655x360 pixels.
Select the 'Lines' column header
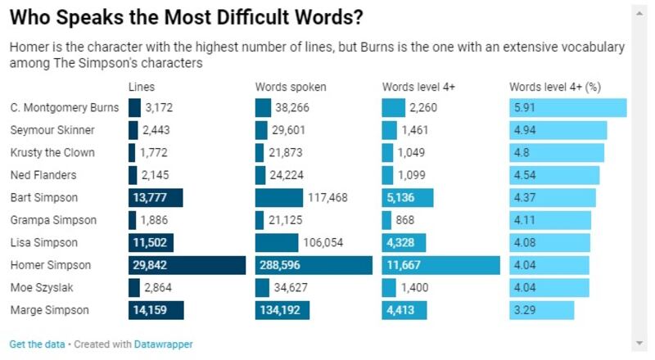142,86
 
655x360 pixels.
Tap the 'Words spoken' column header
291,86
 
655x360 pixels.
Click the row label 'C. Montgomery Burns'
65,107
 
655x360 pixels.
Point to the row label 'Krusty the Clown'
52,152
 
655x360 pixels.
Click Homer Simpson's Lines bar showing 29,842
187,265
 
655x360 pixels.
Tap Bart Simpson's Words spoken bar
290,197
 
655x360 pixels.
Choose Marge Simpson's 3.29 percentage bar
541,310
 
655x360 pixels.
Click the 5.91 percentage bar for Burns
567,107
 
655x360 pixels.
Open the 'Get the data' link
37,344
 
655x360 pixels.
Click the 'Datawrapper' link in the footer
164,344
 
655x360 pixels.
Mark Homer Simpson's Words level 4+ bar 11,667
440,265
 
